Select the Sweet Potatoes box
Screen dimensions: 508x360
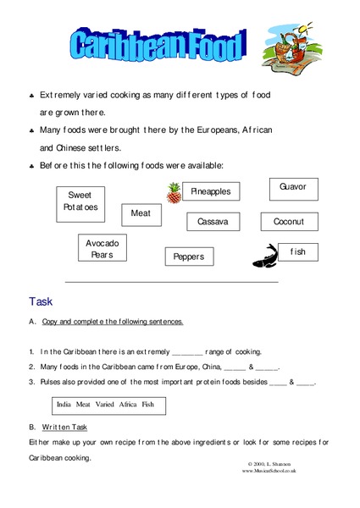click(x=80, y=201)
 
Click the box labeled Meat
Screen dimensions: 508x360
click(x=140, y=213)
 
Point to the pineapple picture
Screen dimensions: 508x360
click(x=174, y=193)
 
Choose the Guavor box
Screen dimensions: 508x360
click(x=293, y=187)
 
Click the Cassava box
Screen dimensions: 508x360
click(x=213, y=222)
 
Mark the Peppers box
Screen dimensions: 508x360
click(x=189, y=256)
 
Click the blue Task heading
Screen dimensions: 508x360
click(x=41, y=301)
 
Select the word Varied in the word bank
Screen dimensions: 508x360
click(x=105, y=405)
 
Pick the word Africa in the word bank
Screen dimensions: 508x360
click(x=128, y=405)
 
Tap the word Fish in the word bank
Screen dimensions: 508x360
click(x=148, y=405)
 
